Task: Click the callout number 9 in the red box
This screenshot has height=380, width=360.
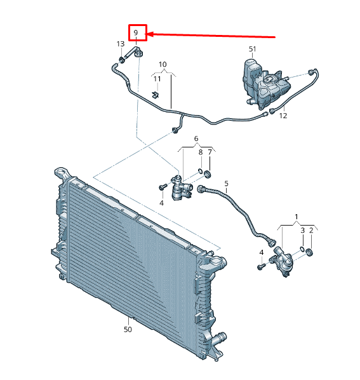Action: click(x=136, y=32)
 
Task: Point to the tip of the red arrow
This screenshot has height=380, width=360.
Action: click(x=147, y=34)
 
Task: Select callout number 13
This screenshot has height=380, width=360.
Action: click(x=121, y=44)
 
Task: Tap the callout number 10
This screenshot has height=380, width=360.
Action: click(x=163, y=64)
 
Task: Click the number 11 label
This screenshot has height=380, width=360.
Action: click(x=157, y=79)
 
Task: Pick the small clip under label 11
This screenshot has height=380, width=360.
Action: click(x=156, y=95)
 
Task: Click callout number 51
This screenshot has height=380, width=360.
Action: click(x=253, y=49)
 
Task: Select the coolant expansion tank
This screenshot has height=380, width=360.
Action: click(x=265, y=84)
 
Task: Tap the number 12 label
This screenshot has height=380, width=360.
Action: click(x=283, y=116)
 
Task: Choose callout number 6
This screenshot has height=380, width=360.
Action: click(x=196, y=139)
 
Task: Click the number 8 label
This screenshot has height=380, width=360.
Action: click(x=201, y=153)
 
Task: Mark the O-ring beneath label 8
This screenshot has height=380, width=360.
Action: click(x=200, y=171)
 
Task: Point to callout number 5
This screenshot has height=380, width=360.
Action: click(x=227, y=184)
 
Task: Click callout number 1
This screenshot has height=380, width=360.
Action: click(x=297, y=217)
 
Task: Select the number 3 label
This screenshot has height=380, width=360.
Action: click(x=303, y=230)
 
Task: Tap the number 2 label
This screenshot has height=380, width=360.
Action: click(x=311, y=230)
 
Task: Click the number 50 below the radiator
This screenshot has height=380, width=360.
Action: click(x=128, y=329)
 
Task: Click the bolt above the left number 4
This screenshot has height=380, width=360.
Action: click(x=163, y=187)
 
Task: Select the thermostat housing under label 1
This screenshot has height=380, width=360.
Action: click(x=283, y=261)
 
